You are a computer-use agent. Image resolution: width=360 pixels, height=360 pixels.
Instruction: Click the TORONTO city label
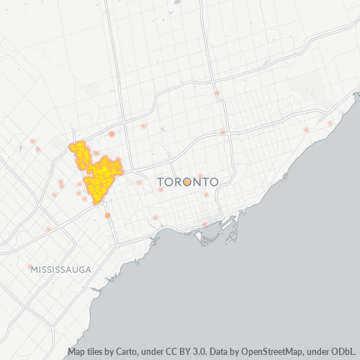pyautogui.click(x=187, y=183)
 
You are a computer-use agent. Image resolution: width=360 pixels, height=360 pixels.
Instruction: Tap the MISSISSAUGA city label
pyautogui.click(x=61, y=269)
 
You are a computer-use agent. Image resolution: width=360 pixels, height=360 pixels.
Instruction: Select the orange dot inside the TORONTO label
pyautogui.click(x=187, y=183)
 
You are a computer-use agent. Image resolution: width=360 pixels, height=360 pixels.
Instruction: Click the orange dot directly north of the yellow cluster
pyautogui.click(x=112, y=134)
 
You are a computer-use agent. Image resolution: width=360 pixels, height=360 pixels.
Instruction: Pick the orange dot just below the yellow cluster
pyautogui.click(x=107, y=215)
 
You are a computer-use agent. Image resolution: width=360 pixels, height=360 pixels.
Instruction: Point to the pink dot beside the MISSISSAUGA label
pyautogui.click(x=30, y=267)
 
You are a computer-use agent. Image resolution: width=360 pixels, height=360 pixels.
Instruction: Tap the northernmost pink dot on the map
pyautogui.click(x=216, y=94)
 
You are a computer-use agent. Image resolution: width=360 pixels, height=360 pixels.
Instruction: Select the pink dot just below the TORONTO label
pyautogui.click(x=206, y=194)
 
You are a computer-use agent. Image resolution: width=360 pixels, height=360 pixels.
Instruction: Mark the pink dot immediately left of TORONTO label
pyautogui.click(x=140, y=181)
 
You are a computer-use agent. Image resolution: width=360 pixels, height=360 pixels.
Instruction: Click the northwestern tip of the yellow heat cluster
pyautogui.click(x=72, y=146)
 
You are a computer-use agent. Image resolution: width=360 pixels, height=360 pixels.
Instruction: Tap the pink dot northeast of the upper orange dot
pyautogui.click(x=143, y=127)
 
